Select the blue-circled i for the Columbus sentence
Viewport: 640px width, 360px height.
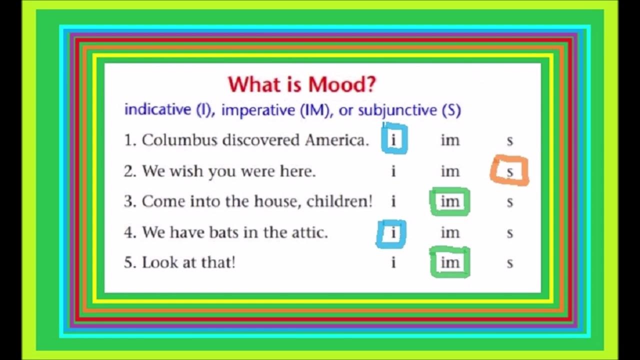coord(393,140)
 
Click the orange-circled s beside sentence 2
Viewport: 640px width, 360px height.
coord(509,171)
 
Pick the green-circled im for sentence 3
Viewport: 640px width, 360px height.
coord(450,201)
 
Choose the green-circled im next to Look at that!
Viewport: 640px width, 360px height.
coord(450,262)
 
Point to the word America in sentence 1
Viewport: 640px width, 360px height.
coord(336,140)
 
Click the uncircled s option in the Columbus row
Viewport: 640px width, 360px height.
coord(509,141)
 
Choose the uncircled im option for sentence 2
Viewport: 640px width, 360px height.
coord(450,171)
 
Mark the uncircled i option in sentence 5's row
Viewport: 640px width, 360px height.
coord(393,262)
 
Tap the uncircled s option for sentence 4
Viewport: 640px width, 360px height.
coord(509,233)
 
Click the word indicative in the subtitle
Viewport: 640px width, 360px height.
coord(157,110)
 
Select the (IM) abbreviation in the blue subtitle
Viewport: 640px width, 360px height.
coord(318,110)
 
